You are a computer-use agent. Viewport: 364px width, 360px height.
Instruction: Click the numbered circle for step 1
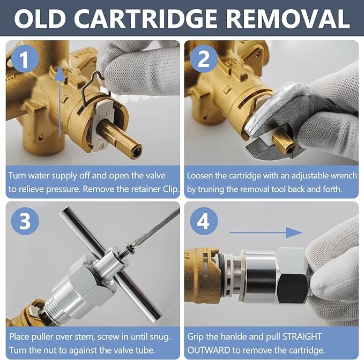pyautogui.click(x=25, y=59)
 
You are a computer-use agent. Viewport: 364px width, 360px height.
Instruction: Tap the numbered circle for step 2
pyautogui.click(x=204, y=59)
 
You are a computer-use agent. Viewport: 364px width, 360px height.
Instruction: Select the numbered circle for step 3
pyautogui.click(x=25, y=221)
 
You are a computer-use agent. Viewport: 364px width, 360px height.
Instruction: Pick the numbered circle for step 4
pyautogui.click(x=204, y=221)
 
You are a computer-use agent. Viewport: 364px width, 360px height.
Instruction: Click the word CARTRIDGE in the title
pyautogui.click(x=145, y=19)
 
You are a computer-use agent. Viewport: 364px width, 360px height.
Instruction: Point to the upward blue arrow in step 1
pyautogui.click(x=60, y=101)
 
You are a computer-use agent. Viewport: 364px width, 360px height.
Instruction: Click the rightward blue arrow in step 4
pyautogui.click(x=266, y=232)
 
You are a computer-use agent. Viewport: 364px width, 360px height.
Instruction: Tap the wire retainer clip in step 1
pyautogui.click(x=95, y=88)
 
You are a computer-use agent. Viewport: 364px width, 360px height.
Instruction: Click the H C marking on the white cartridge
pyautogui.click(x=104, y=114)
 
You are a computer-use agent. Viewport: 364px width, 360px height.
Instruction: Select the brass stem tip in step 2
pyautogui.click(x=287, y=148)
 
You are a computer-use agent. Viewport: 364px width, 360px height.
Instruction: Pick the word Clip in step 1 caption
pyautogui.click(x=172, y=189)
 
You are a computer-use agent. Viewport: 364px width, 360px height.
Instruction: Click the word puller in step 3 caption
pyautogui.click(x=45, y=336)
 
